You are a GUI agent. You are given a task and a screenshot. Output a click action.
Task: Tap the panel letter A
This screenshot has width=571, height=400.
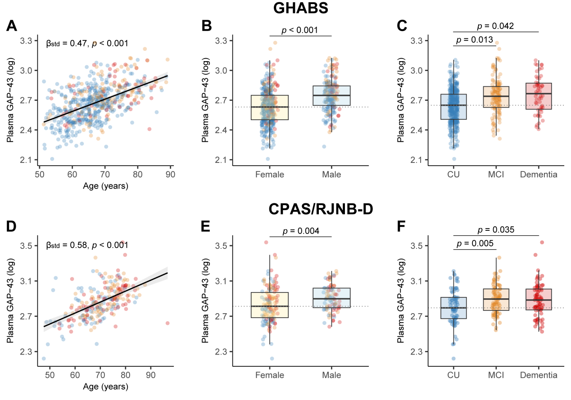tap(12, 27)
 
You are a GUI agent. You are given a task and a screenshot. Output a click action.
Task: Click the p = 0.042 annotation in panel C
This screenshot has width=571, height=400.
tap(496, 26)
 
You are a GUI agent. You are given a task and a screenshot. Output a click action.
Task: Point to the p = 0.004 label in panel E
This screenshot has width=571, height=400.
tap(301, 231)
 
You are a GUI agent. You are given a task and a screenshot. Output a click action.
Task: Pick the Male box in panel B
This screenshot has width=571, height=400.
tap(331, 95)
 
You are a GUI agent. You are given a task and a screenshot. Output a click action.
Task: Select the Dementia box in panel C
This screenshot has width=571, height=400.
tap(539, 96)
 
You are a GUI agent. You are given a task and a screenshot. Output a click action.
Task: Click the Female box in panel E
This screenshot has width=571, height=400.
tap(270, 305)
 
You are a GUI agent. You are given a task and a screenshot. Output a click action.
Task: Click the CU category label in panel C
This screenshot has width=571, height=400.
tap(454, 174)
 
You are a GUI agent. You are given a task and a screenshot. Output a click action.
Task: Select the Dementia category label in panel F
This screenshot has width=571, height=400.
tap(539, 375)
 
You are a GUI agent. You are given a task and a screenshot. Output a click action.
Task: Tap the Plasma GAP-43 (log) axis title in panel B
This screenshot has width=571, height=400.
tap(205, 100)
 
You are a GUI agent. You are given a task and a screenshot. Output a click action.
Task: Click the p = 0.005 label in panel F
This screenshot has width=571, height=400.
tap(475, 244)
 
